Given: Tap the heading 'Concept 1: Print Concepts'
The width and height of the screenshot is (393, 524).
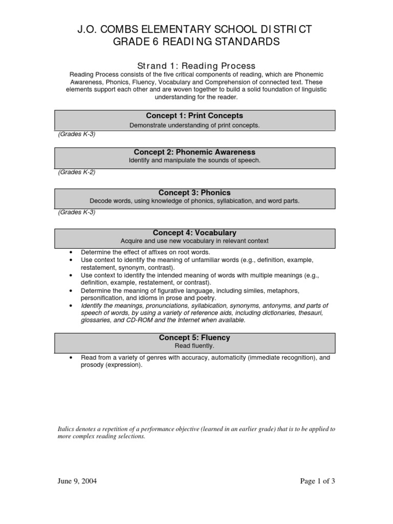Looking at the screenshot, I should click(x=194, y=116).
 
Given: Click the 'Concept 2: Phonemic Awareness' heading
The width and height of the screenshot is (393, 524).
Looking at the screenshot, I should click(x=194, y=152).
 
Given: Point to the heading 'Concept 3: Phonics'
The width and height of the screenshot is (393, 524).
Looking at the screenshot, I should click(x=194, y=192).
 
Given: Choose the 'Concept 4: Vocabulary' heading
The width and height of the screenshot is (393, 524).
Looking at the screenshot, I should click(x=194, y=232).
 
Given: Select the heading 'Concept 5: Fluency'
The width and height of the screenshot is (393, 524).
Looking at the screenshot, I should click(x=194, y=337).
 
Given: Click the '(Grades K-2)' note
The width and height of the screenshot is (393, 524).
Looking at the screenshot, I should click(x=76, y=172).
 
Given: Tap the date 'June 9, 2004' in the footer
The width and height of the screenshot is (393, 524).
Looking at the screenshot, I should click(x=77, y=481).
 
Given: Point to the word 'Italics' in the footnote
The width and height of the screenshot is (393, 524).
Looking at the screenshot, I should click(x=67, y=429).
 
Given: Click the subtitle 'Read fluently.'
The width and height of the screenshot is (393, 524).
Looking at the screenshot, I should click(x=194, y=345).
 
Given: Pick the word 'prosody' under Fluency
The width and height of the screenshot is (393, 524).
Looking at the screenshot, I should click(x=92, y=365).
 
